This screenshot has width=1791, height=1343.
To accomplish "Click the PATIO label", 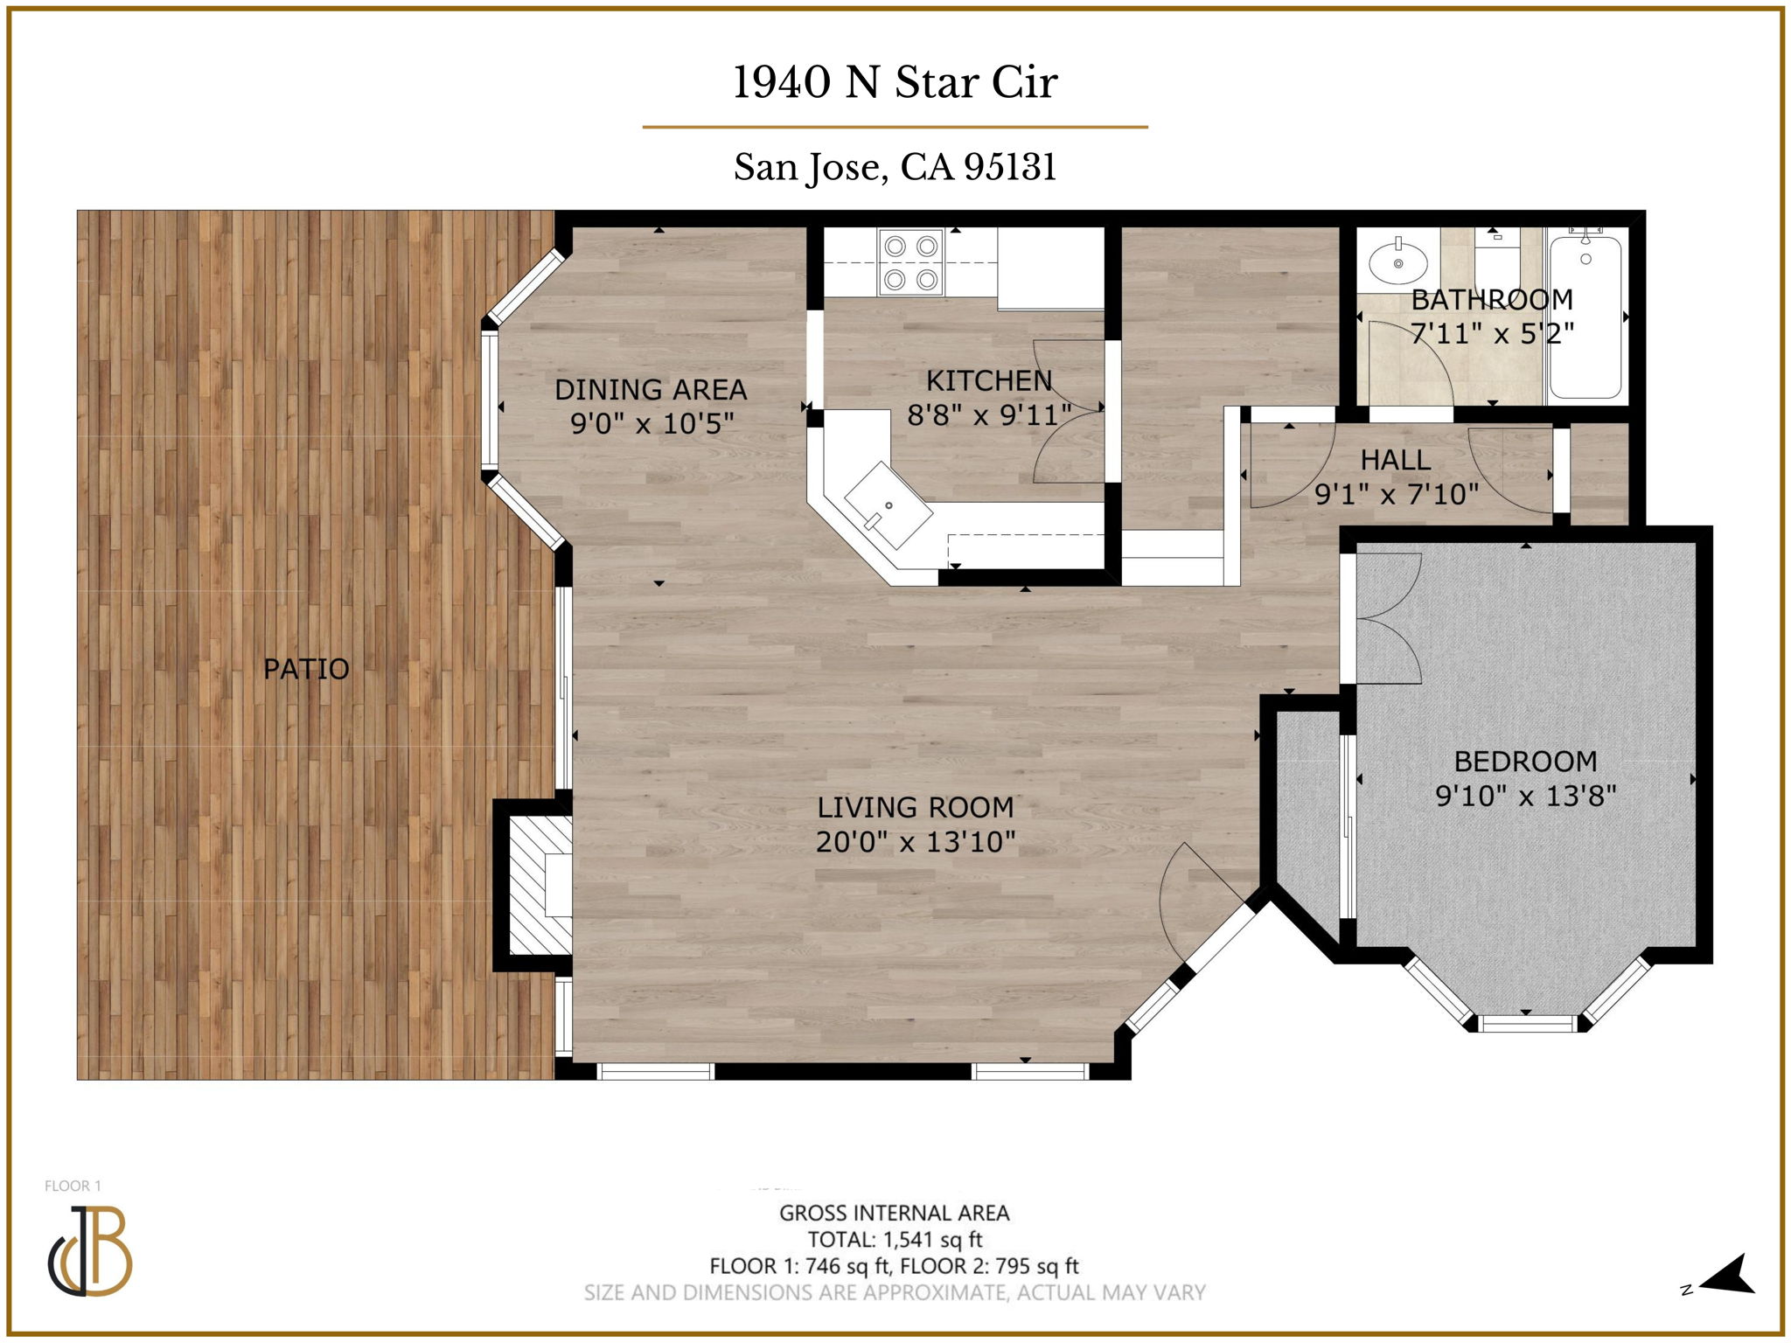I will click(306, 669).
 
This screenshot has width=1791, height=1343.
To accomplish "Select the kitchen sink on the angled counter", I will click(888, 505).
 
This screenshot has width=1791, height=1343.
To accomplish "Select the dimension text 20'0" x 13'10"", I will click(916, 842).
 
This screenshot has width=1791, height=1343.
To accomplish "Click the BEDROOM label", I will click(1525, 762).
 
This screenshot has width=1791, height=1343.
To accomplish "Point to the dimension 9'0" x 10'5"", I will click(652, 424).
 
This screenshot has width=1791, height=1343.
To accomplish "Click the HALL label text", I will click(1395, 460).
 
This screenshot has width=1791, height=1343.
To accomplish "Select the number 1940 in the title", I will click(781, 83).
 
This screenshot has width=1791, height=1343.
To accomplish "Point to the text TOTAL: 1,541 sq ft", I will click(895, 1239).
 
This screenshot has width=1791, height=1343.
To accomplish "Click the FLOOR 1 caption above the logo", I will click(73, 1186).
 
